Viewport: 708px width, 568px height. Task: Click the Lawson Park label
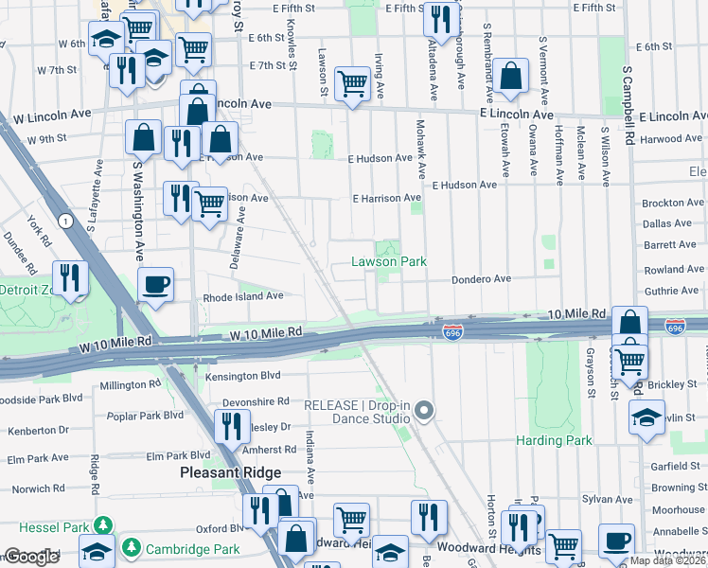[389, 261]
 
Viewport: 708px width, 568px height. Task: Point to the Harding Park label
[554, 440]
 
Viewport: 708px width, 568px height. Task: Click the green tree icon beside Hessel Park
[103, 525]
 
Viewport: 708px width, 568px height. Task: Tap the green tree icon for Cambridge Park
[130, 548]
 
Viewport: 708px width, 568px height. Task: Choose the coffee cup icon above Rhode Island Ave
[155, 283]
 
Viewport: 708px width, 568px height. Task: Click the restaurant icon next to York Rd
[70, 277]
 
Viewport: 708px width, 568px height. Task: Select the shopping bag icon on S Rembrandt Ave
[510, 79]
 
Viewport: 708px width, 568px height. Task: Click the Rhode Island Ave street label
[243, 296]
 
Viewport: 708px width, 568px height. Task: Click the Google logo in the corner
[31, 557]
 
